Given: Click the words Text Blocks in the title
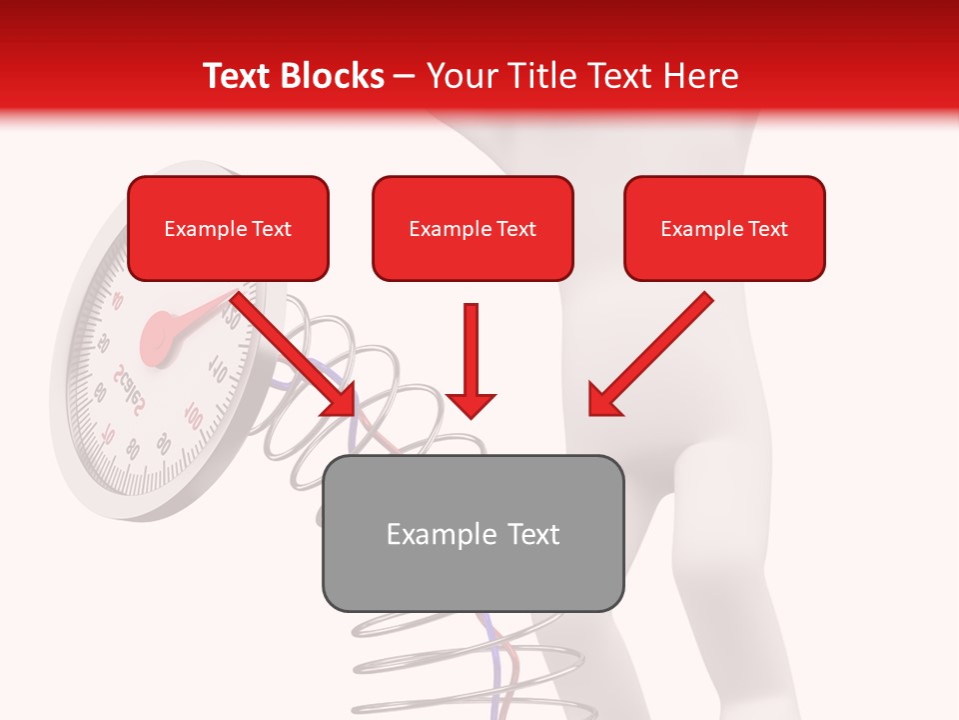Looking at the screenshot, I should pyautogui.click(x=293, y=76).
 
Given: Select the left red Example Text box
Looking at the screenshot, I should pyautogui.click(x=228, y=229).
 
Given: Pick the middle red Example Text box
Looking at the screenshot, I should pyautogui.click(x=473, y=229).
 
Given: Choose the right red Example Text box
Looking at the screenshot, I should pyautogui.click(x=724, y=229).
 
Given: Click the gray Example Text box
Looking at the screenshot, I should pyautogui.click(x=473, y=533).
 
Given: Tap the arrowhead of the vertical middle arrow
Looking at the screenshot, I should pyautogui.click(x=472, y=404).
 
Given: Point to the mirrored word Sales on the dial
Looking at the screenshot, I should pyautogui.click(x=129, y=390).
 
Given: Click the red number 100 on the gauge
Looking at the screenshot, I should pyautogui.click(x=194, y=416).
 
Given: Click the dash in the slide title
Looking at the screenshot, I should pyautogui.click(x=405, y=76).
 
